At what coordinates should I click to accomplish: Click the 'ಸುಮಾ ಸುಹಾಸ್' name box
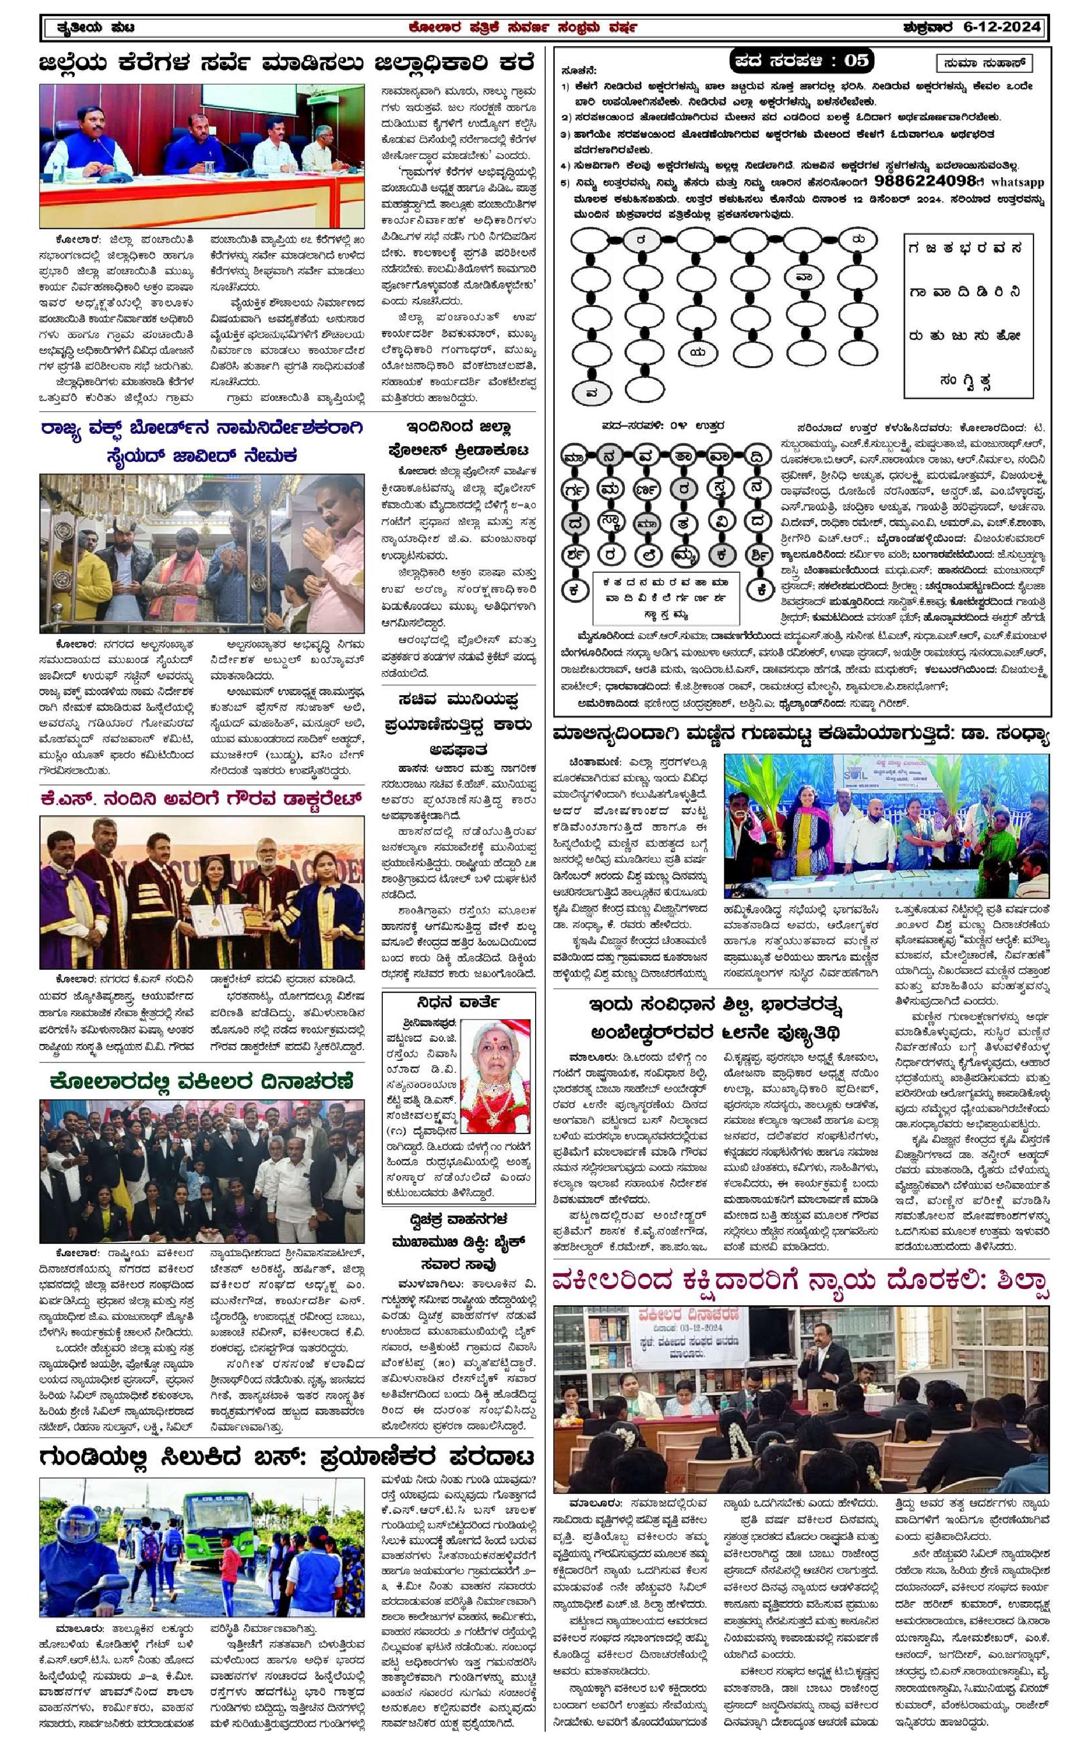985,63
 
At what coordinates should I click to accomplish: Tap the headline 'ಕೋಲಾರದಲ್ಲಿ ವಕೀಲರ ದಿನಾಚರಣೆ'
202,1081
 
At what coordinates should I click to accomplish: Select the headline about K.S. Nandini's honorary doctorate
202,798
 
